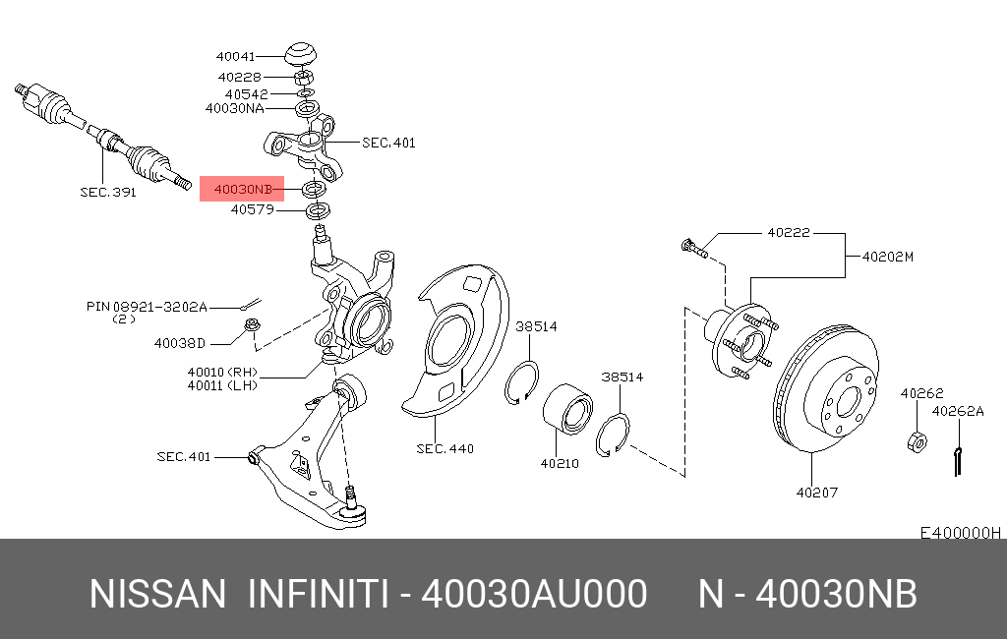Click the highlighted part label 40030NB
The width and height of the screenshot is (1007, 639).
243,190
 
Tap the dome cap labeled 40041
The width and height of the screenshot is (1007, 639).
301,54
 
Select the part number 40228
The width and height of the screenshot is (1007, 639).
240,77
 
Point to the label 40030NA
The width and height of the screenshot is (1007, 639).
234,108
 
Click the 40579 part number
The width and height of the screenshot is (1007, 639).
253,209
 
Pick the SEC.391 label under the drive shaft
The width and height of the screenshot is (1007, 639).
108,192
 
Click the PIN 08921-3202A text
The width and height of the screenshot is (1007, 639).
147,307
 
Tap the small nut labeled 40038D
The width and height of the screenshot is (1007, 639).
253,324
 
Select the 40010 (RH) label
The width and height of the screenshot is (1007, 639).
222,372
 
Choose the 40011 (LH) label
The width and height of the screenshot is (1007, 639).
222,385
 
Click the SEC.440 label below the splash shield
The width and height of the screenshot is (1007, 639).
445,449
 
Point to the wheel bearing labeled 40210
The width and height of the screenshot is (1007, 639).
567,409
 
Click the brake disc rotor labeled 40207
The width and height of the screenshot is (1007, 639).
826,388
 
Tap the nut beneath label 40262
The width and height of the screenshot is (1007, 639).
918,441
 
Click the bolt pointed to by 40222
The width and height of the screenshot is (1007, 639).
693,248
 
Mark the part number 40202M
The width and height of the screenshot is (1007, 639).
888,257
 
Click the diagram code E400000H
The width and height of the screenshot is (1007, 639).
960,533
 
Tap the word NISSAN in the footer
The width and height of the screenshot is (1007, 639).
157,594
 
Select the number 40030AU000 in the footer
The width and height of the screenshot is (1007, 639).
534,594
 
